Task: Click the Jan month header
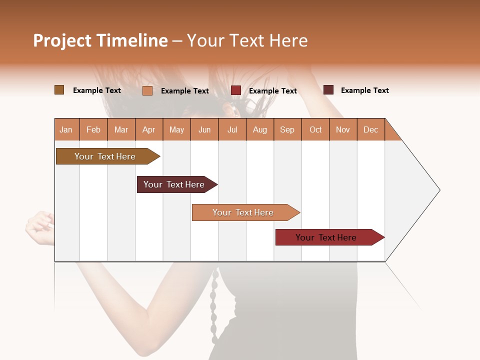[x=66, y=129]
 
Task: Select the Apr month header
[x=149, y=129]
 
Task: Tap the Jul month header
[x=232, y=129]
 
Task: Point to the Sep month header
[x=287, y=129]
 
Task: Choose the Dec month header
[x=370, y=129]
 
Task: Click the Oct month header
[x=315, y=129]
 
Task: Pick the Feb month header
[x=93, y=129]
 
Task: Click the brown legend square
[x=59, y=90]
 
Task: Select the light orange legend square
[x=147, y=90]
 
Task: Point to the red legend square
[x=235, y=90]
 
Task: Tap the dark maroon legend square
[x=328, y=90]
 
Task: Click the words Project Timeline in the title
[x=100, y=40]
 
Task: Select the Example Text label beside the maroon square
[x=364, y=90]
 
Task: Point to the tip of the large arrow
[x=438, y=190]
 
